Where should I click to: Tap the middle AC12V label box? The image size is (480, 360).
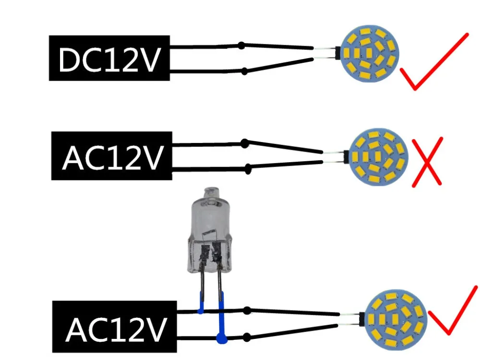point(111,156)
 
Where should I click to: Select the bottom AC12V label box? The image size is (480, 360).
point(115,327)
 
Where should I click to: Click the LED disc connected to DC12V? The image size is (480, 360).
point(370,54)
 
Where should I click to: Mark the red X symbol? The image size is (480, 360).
point(427,162)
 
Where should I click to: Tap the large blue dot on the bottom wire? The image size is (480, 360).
point(221,339)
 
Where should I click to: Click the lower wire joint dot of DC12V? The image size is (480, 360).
point(244,72)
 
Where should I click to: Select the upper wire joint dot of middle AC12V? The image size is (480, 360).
point(245,143)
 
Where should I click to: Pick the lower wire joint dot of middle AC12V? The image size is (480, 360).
point(249,168)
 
